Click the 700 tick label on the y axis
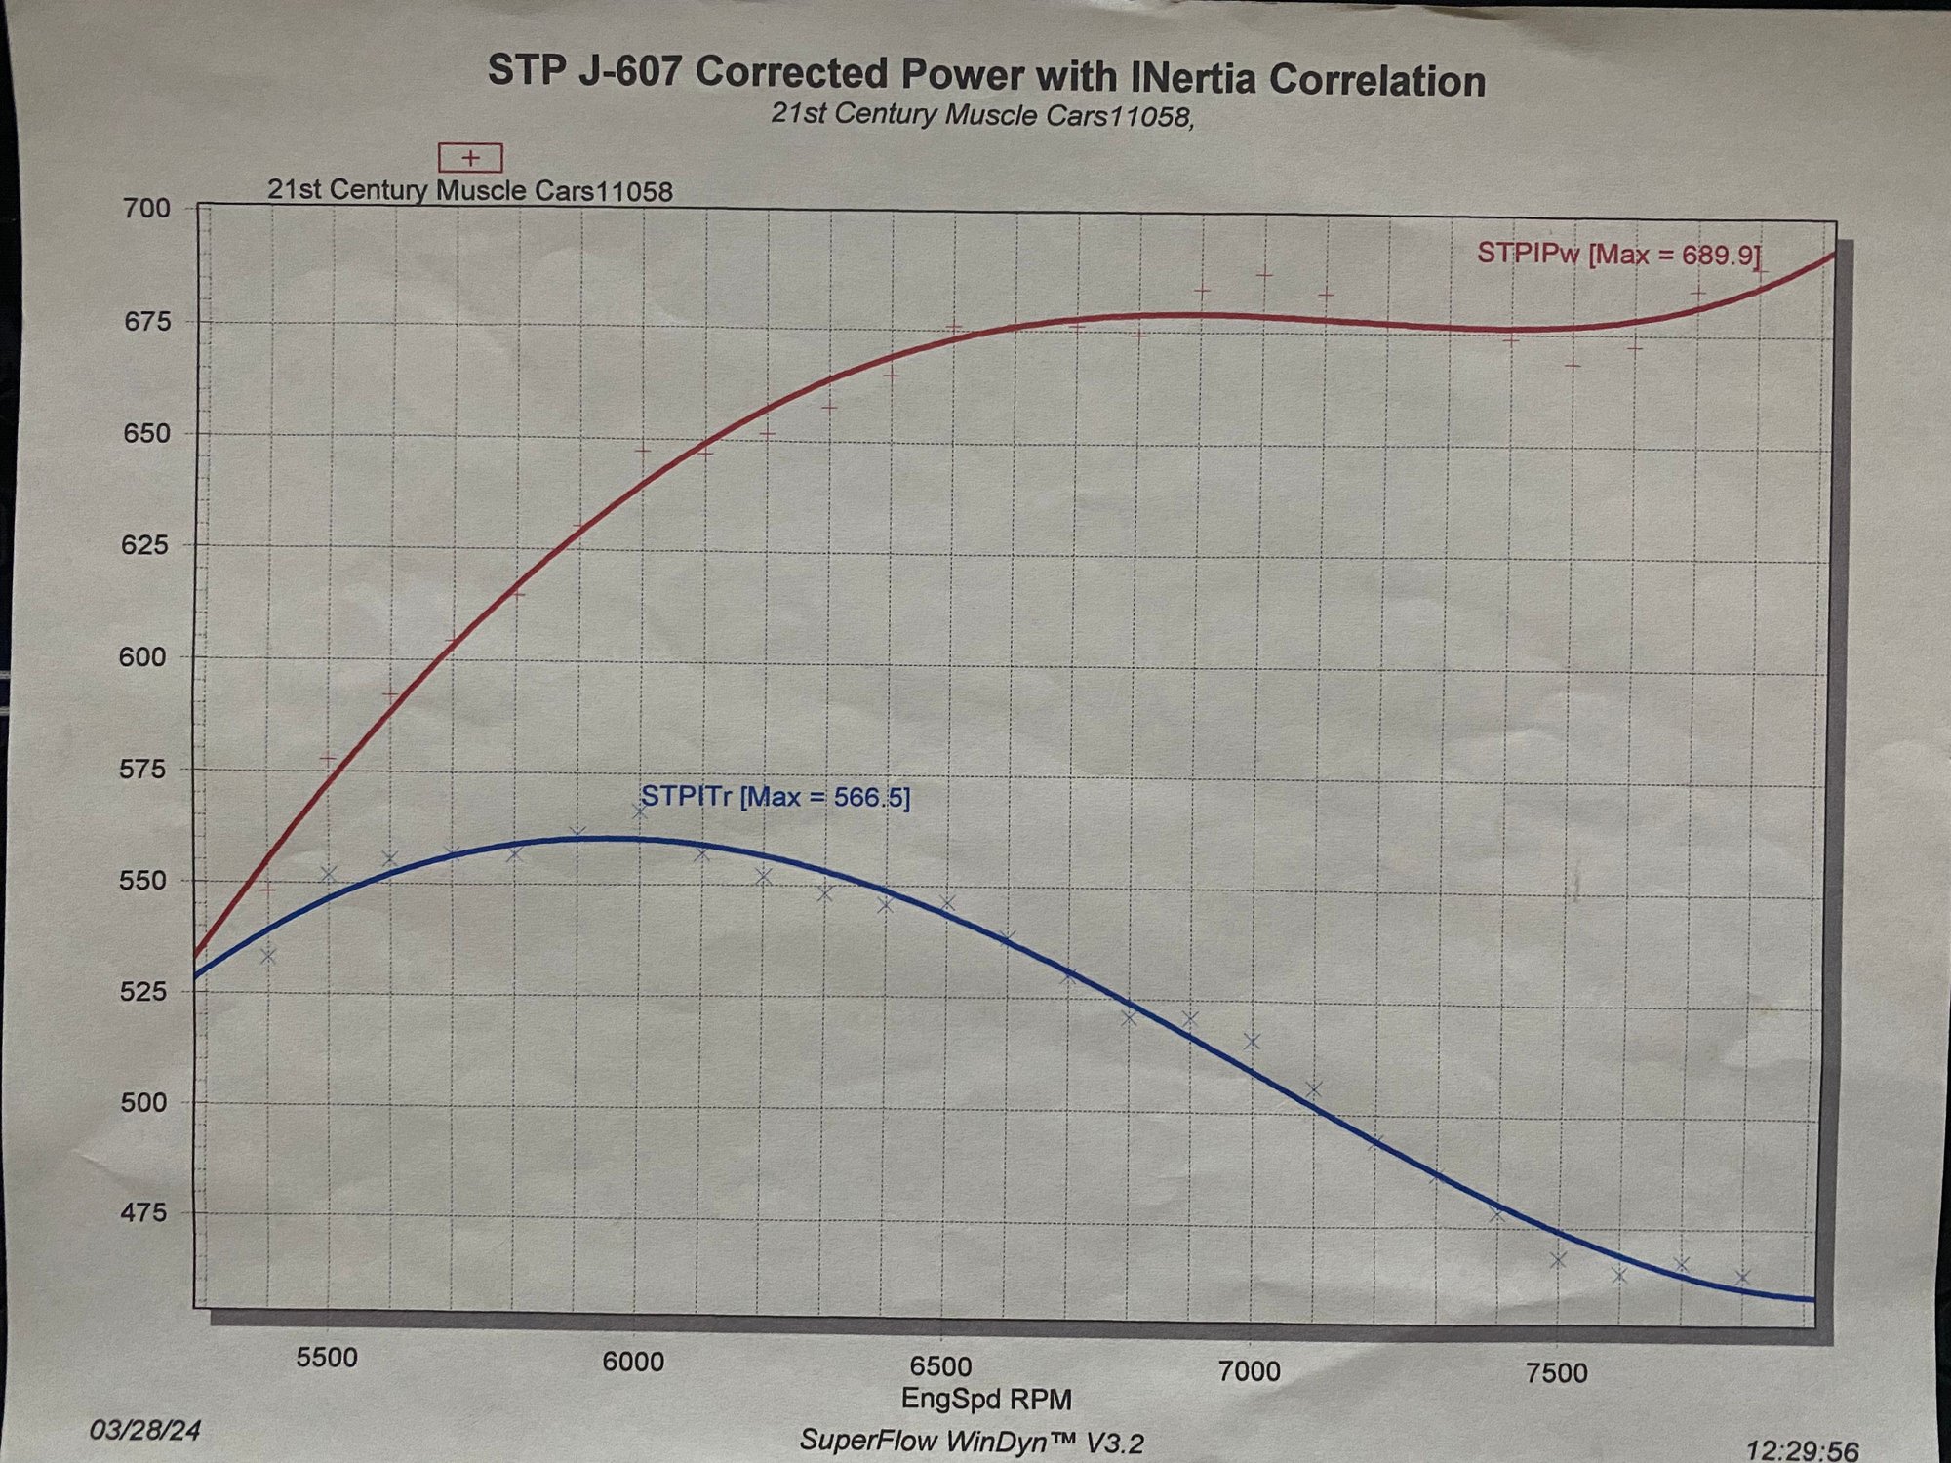tap(146, 208)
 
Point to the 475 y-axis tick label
tap(144, 1213)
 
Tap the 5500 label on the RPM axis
tap(327, 1358)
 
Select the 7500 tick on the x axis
tap(1556, 1373)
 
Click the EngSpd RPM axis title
tap(985, 1399)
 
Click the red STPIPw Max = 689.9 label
tap(1618, 255)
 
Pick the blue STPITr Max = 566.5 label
tap(776, 797)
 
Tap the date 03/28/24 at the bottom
tap(145, 1431)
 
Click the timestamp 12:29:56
tap(1802, 1450)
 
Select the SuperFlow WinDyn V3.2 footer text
tap(971, 1441)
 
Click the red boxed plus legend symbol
tap(470, 157)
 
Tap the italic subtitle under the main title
tap(982, 115)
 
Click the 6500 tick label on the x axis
tap(941, 1365)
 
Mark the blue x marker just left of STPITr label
tap(640, 811)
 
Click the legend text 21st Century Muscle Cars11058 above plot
tap(470, 190)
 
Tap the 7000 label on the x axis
tap(1250, 1371)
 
